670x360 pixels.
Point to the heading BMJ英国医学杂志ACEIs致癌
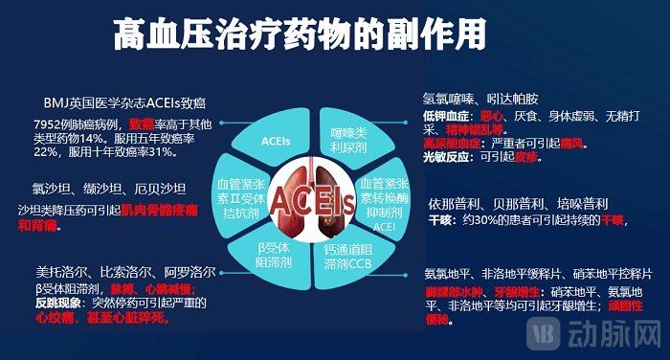click(x=125, y=102)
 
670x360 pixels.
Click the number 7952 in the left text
click(x=48, y=124)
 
